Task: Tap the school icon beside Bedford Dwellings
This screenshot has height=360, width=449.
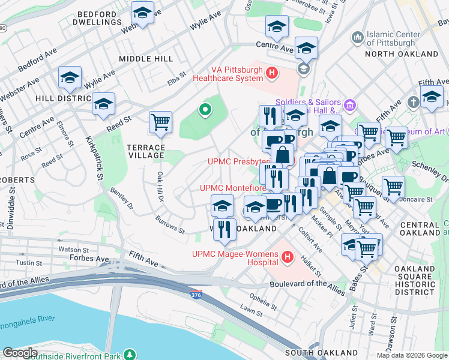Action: (x=142, y=13)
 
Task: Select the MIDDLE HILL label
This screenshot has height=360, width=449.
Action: (x=146, y=59)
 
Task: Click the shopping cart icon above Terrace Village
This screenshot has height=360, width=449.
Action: (x=160, y=122)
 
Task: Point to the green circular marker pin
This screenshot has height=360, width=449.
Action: (x=205, y=110)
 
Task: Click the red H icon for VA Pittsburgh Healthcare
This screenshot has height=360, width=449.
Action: (x=272, y=73)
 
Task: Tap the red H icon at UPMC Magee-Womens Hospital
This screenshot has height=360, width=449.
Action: (x=288, y=257)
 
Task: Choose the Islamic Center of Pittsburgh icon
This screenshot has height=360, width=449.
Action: (x=358, y=38)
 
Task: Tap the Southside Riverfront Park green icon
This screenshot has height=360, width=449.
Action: (x=128, y=354)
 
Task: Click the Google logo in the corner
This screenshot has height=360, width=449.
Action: (x=20, y=353)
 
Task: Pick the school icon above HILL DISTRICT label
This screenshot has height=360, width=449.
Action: (x=70, y=77)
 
